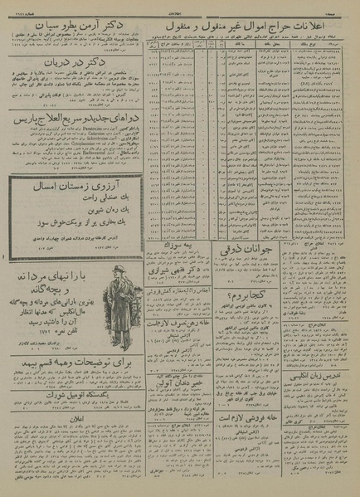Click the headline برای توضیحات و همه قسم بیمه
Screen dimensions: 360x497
click(x=74, y=386)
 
